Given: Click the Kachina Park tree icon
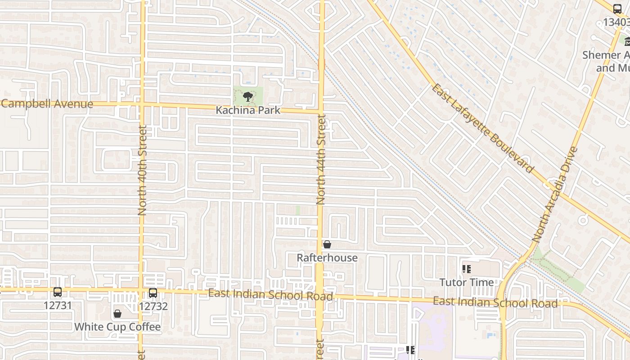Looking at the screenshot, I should (247, 96).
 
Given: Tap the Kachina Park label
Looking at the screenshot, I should (248, 110).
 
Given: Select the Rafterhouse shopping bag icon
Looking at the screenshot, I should (327, 244).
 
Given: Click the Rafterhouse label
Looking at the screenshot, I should (327, 258).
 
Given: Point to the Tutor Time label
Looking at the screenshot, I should (467, 283).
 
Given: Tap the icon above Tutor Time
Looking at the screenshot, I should (467, 269).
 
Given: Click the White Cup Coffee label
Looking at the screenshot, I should (117, 327).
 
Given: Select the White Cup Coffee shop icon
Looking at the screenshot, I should (117, 313).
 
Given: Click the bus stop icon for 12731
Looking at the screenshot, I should (58, 292).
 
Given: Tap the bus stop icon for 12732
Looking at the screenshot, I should (153, 293).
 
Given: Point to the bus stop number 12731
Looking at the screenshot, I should (58, 306).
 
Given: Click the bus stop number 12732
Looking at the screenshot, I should (153, 306).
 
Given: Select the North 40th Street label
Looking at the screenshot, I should (143, 170).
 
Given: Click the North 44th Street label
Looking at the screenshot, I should (321, 159).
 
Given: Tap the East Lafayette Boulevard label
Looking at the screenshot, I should (482, 128).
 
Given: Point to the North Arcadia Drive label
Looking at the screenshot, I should (554, 194).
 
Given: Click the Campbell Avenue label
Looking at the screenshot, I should (47, 104).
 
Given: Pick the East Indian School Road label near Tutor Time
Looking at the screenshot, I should (495, 302).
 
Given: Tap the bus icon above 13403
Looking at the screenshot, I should (617, 9).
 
